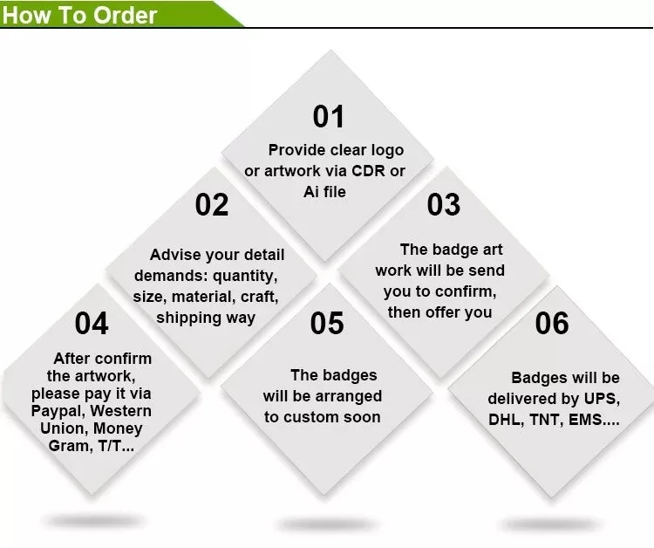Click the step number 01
pyautogui.click(x=329, y=117)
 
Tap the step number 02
pyautogui.click(x=212, y=205)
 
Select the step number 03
pyautogui.click(x=443, y=205)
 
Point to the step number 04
pyautogui.click(x=92, y=324)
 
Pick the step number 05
pyautogui.click(x=327, y=324)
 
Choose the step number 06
pyautogui.click(x=552, y=324)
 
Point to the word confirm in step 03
pyautogui.click(x=465, y=291)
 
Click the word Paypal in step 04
pyautogui.click(x=58, y=411)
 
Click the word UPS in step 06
pyautogui.click(x=600, y=399)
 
